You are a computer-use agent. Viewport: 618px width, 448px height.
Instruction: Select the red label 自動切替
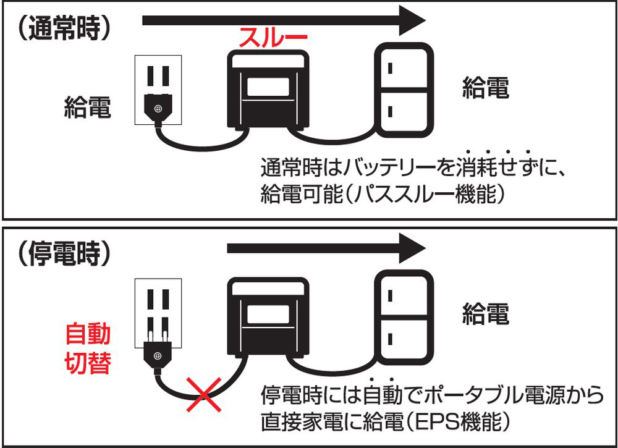88,350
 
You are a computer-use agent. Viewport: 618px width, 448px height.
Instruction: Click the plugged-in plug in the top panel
158,110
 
